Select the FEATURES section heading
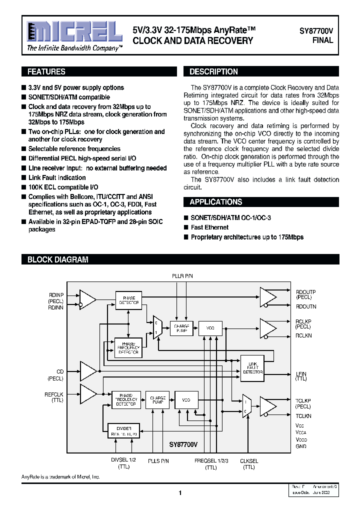click(46, 71)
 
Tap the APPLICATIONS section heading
click(215, 202)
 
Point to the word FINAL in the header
click(323, 40)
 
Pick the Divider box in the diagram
click(123, 430)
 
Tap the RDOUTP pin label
click(305, 292)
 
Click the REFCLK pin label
click(54, 394)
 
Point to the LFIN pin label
click(301, 373)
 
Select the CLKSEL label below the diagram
click(249, 461)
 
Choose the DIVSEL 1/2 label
click(123, 461)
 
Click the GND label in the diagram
click(301, 446)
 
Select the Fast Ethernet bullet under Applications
click(209, 227)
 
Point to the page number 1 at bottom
click(180, 493)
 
